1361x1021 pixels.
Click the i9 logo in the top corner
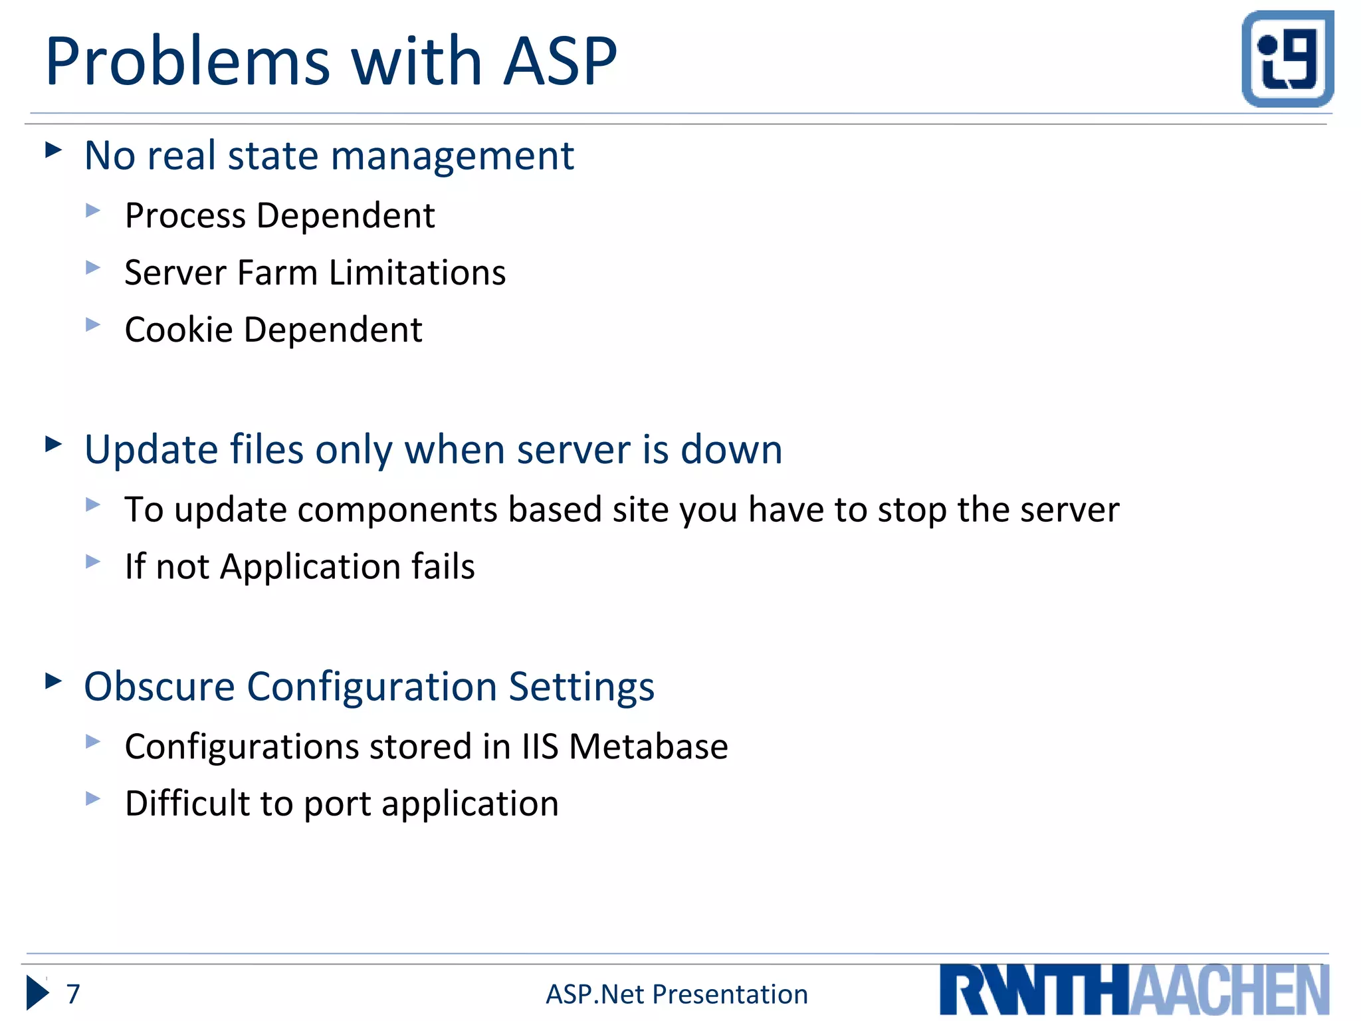1287,58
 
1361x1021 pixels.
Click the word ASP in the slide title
560,61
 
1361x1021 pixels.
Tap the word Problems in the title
187,61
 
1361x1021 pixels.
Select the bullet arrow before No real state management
53,150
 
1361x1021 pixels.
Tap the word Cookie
179,330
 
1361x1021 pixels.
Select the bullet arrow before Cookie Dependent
93,325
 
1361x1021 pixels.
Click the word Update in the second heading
152,450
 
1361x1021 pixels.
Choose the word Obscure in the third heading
159,687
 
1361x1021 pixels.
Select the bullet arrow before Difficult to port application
93,798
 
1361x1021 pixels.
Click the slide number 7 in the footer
73,994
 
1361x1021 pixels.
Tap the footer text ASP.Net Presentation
677,994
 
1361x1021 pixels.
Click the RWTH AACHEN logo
1134,990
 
